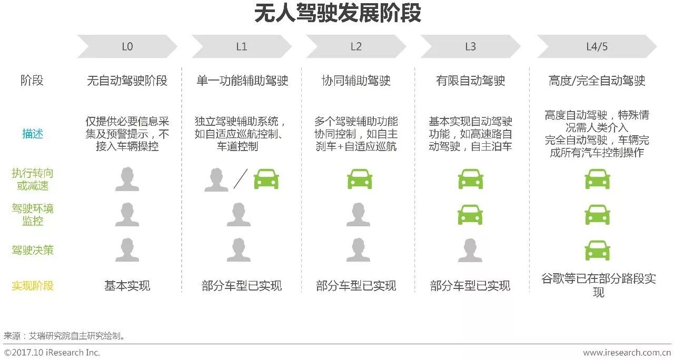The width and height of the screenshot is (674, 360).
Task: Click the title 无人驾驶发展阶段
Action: click(x=338, y=14)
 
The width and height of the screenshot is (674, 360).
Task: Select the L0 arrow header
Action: click(x=127, y=46)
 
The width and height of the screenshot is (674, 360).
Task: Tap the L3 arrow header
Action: click(x=470, y=46)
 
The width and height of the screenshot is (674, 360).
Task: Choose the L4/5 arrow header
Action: click(x=597, y=46)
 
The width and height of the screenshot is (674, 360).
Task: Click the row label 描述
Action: click(x=33, y=134)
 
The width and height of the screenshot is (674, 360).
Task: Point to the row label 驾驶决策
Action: click(x=33, y=250)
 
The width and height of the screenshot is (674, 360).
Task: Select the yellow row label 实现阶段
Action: click(x=33, y=286)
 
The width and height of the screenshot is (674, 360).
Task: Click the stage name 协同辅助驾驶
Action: click(x=356, y=81)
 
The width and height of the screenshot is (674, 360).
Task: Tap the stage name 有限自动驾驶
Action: click(x=470, y=81)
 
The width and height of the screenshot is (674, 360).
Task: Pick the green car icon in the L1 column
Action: click(x=266, y=179)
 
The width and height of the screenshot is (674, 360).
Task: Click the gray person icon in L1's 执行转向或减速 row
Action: click(x=216, y=179)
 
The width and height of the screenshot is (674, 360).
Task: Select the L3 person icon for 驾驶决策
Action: click(x=470, y=250)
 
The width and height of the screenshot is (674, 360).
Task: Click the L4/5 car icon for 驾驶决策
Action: click(x=597, y=250)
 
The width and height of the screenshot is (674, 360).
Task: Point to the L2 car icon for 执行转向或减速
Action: click(x=360, y=179)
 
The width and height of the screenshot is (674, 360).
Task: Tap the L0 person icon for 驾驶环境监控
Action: click(x=127, y=215)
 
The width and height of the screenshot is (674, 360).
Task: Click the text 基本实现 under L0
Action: click(x=127, y=286)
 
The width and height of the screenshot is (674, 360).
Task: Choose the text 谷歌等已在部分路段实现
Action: click(x=598, y=285)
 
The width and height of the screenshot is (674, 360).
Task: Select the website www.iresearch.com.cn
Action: click(x=627, y=353)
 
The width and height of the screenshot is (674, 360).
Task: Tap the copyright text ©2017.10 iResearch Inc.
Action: click(x=52, y=353)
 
